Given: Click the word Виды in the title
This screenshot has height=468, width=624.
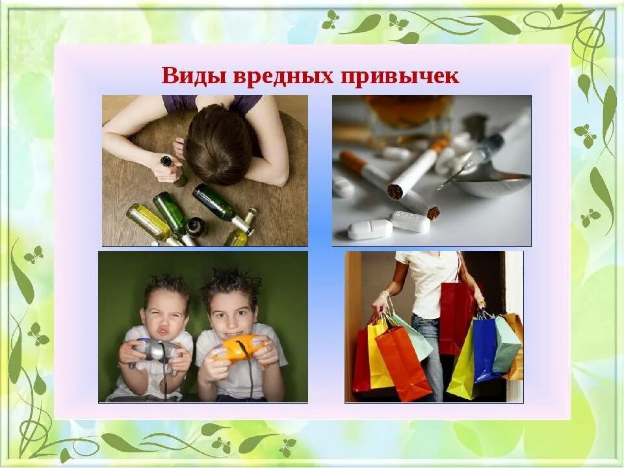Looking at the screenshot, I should [187, 76].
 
